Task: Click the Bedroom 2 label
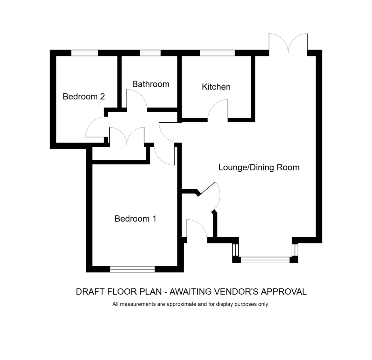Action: point(83,96)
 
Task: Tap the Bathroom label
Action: point(151,84)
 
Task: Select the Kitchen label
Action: point(216,87)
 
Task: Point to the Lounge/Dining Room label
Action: point(259,168)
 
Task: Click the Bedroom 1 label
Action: point(135,219)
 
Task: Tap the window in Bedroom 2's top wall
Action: point(85,53)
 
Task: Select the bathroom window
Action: point(150,53)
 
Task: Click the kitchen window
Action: point(217,53)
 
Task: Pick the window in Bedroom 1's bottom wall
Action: point(132,269)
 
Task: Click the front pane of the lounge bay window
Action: point(265,260)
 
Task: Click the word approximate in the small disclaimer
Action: point(181,304)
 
